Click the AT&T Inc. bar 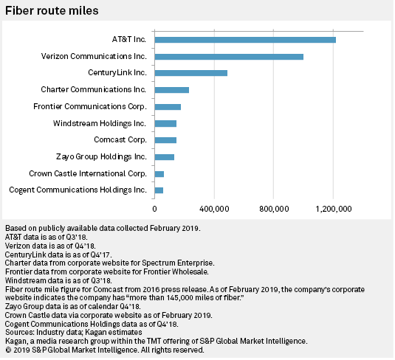245,40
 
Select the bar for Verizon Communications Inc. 229,57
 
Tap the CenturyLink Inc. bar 191,73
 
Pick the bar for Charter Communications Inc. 172,90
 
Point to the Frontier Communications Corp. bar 168,107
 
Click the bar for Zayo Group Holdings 165,157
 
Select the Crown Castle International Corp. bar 159,174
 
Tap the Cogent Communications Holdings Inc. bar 159,190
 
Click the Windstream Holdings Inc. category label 100,123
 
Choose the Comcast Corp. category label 120,139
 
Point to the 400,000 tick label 214,209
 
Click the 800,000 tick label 274,209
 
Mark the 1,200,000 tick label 334,209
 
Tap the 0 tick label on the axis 154,209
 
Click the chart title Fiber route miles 52,11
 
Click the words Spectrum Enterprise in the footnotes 178,263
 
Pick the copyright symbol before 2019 8,350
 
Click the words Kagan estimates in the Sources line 114,332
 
